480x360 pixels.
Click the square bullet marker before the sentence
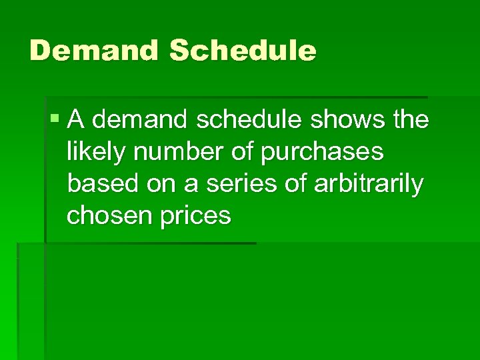pos(54,119)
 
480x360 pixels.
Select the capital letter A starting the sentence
pos(76,120)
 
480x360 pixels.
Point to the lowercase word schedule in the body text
pos(232,120)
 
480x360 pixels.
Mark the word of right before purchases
pos(238,152)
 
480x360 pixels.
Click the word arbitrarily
pos(367,185)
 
